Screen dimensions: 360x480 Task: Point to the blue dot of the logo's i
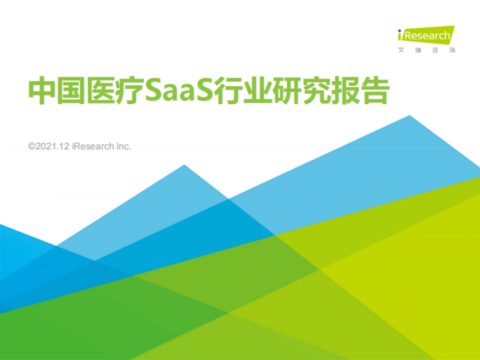point(400,30)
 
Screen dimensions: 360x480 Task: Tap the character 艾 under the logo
point(401,50)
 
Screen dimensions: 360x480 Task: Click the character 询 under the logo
point(452,50)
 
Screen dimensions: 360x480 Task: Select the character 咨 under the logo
point(435,50)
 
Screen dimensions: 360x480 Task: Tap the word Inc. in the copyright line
point(124,147)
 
